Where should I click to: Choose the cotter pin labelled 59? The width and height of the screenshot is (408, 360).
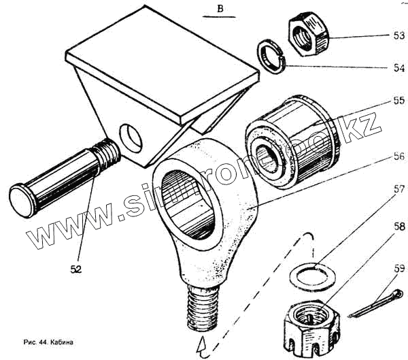pos(377,304)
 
